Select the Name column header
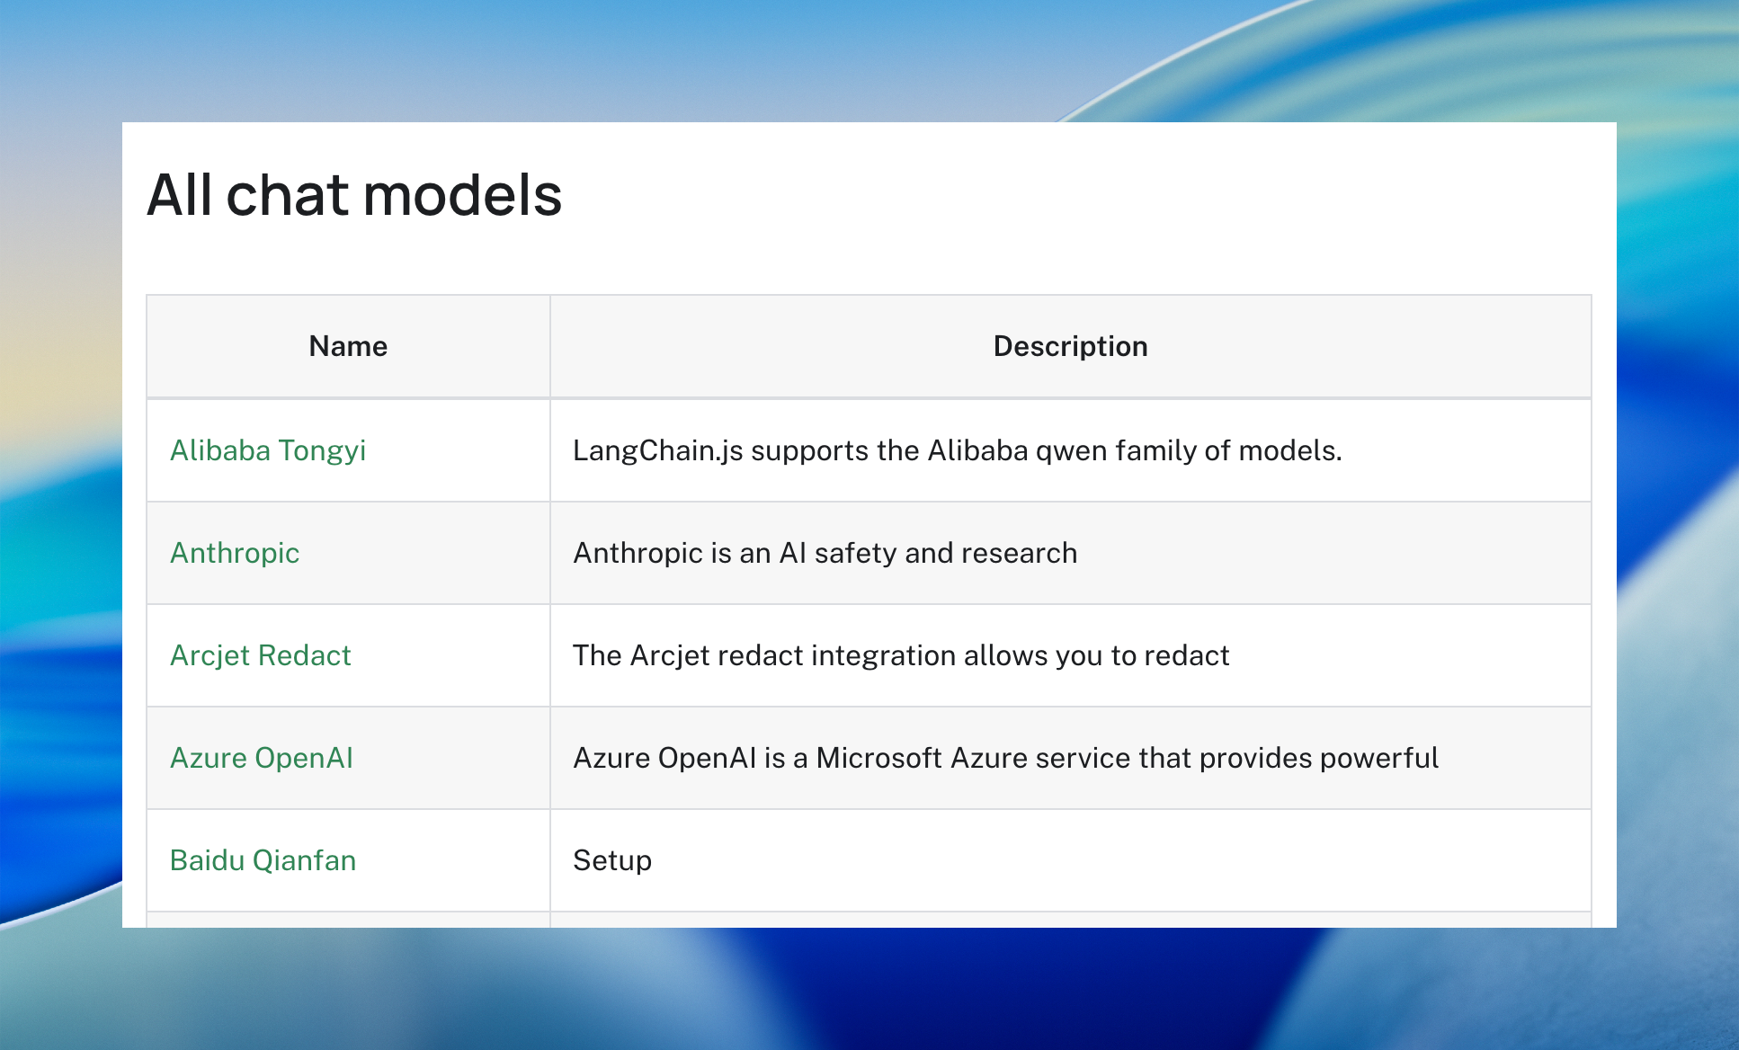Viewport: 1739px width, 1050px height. point(348,346)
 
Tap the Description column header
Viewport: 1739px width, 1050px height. point(1070,346)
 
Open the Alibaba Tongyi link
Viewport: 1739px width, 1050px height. point(268,450)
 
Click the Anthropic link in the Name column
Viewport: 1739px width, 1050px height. point(235,553)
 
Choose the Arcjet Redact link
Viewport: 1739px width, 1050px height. point(261,655)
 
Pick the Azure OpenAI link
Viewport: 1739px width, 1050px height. point(262,758)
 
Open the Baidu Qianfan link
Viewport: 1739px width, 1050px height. point(263,860)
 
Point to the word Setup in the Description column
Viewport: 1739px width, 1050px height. point(612,861)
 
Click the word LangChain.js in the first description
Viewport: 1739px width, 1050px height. point(658,450)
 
